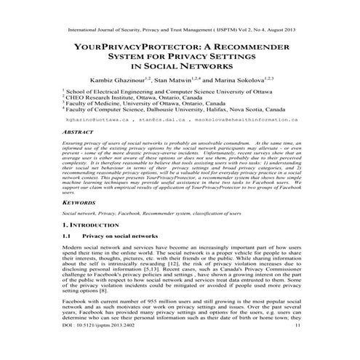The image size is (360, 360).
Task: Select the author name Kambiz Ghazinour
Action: click(x=128, y=79)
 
